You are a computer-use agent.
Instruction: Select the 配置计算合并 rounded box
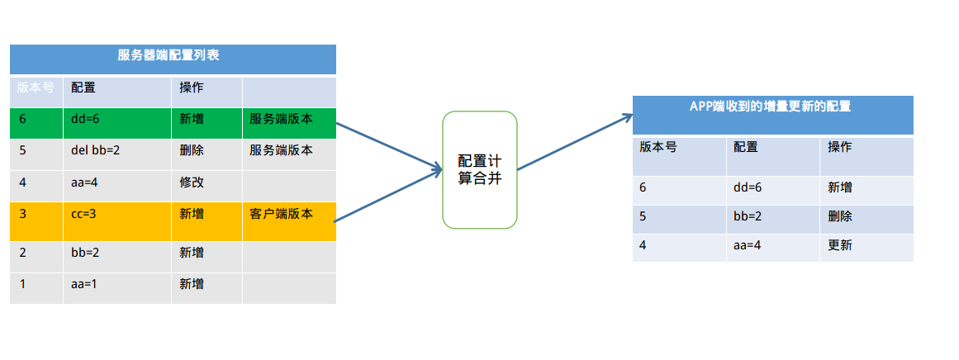[480, 170]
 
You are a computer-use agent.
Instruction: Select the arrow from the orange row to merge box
[388, 197]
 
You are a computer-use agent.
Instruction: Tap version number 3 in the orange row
[23, 214]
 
